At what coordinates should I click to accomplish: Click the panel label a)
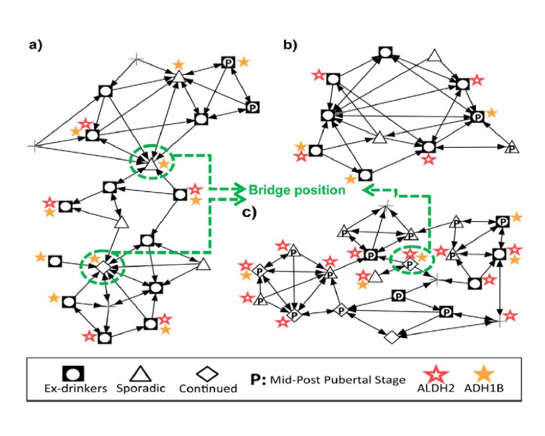(36, 46)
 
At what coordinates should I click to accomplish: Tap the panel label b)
(290, 46)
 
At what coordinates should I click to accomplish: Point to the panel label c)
(250, 213)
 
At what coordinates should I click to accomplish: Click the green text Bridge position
(296, 190)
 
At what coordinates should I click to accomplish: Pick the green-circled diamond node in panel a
(102, 267)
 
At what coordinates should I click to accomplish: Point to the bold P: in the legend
(256, 379)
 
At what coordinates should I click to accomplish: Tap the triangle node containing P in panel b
(511, 147)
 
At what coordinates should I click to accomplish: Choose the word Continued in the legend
(209, 389)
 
